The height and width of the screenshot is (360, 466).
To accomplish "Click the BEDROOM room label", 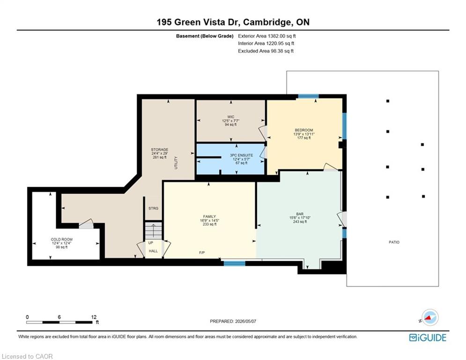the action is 304,130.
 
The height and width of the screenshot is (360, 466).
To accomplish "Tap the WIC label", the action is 230,117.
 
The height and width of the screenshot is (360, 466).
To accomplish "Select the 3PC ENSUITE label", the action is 241,155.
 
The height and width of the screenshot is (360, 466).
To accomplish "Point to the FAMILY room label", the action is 209,217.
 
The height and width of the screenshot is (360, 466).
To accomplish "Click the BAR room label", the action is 300,214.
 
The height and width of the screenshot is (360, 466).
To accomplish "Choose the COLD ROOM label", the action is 61,239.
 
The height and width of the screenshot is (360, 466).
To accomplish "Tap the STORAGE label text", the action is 160,150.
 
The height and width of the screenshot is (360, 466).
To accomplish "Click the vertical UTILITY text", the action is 176,163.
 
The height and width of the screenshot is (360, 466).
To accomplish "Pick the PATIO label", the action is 394,242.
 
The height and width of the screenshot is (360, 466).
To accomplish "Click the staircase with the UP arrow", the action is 153,231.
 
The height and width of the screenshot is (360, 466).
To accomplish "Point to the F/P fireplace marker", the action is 202,253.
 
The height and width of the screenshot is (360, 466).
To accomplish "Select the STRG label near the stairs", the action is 153,208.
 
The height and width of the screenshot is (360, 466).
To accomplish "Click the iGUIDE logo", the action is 428,337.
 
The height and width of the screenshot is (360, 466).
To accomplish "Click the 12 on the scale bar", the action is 94,317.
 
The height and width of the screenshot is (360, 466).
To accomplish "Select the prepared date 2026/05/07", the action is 245,321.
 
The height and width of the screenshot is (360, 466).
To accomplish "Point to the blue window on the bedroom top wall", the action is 308,96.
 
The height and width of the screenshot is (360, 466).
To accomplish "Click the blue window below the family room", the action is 235,263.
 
